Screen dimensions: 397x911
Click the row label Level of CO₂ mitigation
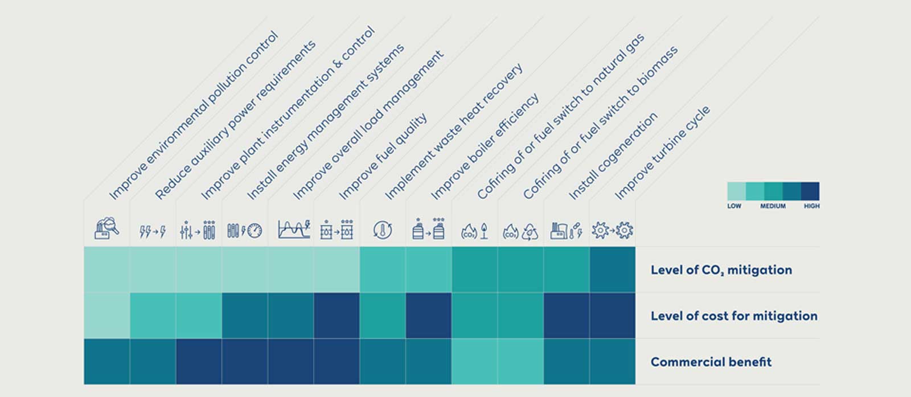[721, 270]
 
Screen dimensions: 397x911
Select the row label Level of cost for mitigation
[733, 316]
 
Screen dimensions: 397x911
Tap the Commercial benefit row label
[711, 362]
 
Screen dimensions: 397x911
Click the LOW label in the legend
[734, 206]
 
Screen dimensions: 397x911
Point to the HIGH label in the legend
[811, 206]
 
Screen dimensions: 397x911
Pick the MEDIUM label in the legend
[773, 206]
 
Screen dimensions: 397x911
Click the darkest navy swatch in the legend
[810, 191]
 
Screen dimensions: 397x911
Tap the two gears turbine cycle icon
[612, 230]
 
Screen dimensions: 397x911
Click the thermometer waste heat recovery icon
[383, 230]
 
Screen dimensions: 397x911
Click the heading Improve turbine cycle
[662, 153]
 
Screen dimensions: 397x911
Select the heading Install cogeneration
[613, 156]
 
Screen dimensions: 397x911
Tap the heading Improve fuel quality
[383, 157]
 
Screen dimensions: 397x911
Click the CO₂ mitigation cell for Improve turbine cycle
[612, 269]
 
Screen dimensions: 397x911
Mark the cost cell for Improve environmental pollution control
[106, 316]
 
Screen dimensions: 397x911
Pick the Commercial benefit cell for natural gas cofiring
[474, 362]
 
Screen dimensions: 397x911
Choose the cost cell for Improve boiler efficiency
[428, 316]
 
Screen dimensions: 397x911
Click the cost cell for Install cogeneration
[566, 316]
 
